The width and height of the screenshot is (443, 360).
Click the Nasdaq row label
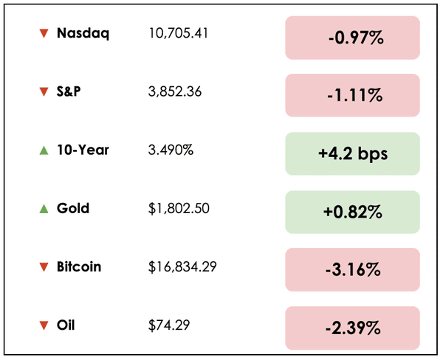click(x=83, y=33)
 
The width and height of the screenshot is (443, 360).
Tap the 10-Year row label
click(x=83, y=150)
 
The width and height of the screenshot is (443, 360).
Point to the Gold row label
click(x=73, y=208)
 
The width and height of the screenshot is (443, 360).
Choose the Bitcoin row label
click(x=78, y=266)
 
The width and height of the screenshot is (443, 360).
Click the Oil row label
click(x=66, y=325)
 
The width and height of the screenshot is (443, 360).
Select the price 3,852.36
click(x=175, y=91)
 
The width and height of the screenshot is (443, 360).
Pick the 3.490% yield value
click(x=171, y=150)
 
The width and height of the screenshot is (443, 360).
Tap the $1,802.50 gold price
click(x=179, y=208)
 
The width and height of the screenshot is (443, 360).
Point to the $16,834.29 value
click(x=182, y=266)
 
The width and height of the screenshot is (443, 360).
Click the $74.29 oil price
click(x=168, y=325)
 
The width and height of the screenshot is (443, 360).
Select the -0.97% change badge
click(x=352, y=37)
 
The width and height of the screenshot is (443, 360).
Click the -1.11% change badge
click(x=352, y=95)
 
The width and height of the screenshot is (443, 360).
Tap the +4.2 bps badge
click(x=352, y=153)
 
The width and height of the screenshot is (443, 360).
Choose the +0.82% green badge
click(x=352, y=212)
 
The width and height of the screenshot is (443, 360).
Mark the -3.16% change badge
click(x=352, y=270)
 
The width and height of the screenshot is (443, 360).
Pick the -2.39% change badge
click(x=352, y=328)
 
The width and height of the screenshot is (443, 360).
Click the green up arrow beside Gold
click(x=44, y=208)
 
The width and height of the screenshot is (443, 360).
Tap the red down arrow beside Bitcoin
click(x=44, y=267)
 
